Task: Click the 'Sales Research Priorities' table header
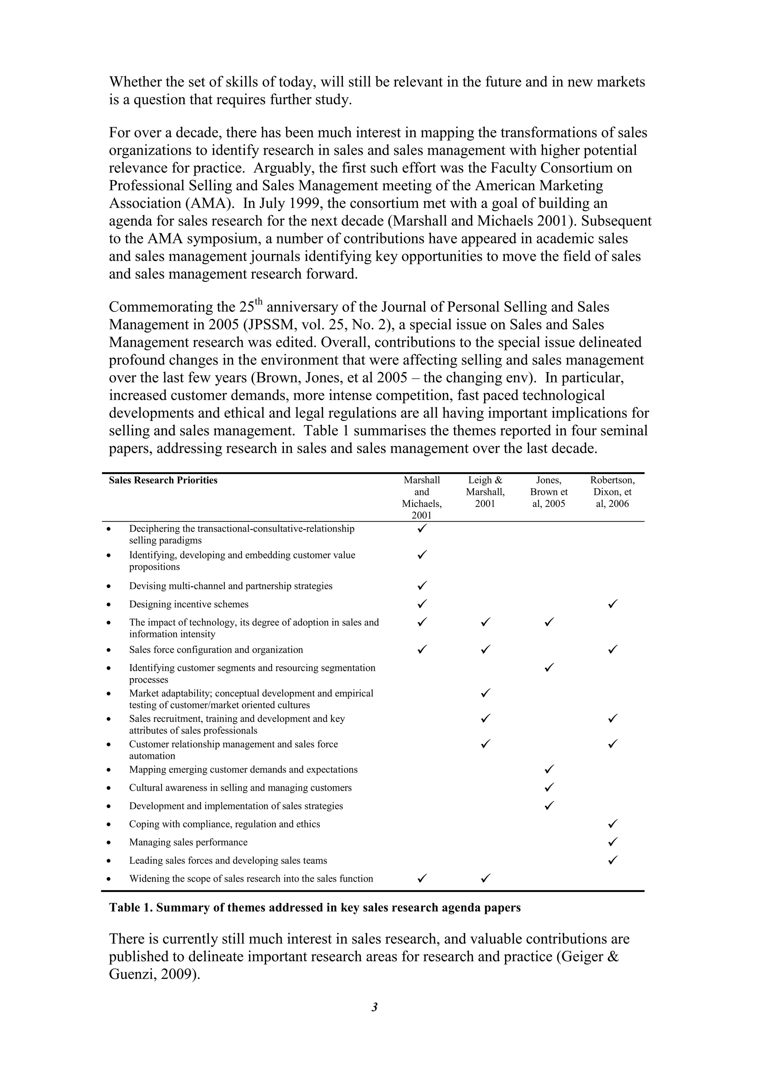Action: (x=163, y=480)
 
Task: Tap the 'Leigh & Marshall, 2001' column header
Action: (x=485, y=492)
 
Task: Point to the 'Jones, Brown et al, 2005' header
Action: (x=548, y=492)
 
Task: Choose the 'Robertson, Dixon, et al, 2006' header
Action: (x=612, y=492)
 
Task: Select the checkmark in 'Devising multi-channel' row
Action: (x=422, y=585)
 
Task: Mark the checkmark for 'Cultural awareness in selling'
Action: (x=549, y=787)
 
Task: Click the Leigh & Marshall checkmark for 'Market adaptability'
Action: (x=486, y=692)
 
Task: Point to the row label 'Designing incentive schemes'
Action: (x=189, y=604)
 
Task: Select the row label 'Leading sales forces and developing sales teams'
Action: (x=228, y=861)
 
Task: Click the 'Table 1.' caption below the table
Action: (x=314, y=908)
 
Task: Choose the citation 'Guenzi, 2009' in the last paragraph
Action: (x=152, y=974)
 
